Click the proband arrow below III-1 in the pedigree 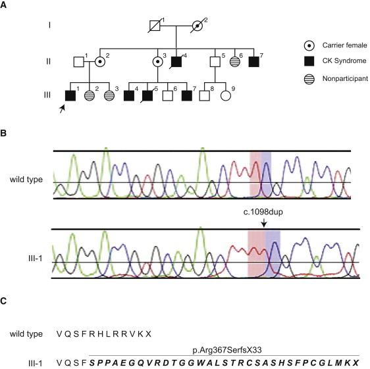coord(62,113)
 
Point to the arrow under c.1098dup coord(263,224)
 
